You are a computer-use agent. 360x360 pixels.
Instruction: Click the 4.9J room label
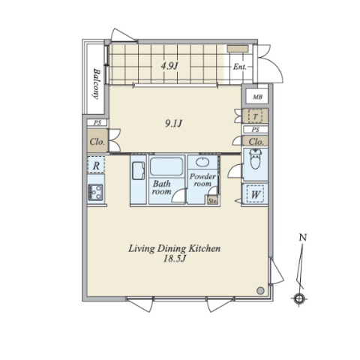click(169, 66)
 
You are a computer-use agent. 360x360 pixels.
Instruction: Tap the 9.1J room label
click(173, 123)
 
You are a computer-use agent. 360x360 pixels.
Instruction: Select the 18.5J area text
click(175, 259)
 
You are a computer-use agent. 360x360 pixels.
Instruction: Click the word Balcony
click(96, 83)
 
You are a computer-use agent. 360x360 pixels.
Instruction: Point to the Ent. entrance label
click(240, 67)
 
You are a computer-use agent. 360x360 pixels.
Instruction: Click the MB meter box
click(257, 96)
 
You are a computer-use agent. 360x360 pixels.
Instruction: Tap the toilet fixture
click(255, 159)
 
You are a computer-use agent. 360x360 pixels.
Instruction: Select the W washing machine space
click(255, 193)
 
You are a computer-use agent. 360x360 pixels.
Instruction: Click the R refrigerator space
click(96, 165)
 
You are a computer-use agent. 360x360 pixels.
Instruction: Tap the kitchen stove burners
click(95, 192)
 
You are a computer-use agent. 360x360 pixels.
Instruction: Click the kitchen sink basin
click(138, 171)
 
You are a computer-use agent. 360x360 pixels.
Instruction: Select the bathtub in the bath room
click(166, 166)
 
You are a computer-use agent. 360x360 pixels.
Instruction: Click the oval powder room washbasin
click(202, 162)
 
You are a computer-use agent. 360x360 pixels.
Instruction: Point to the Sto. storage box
click(212, 200)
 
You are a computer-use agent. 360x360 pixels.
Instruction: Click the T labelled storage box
click(255, 116)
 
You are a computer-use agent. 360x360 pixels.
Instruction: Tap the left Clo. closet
click(97, 142)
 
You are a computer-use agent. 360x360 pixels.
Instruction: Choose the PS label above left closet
click(97, 123)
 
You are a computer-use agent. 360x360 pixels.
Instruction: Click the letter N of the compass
click(303, 237)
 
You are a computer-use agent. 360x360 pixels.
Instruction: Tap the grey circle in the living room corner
click(260, 290)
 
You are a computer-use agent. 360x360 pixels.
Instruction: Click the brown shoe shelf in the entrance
click(238, 49)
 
